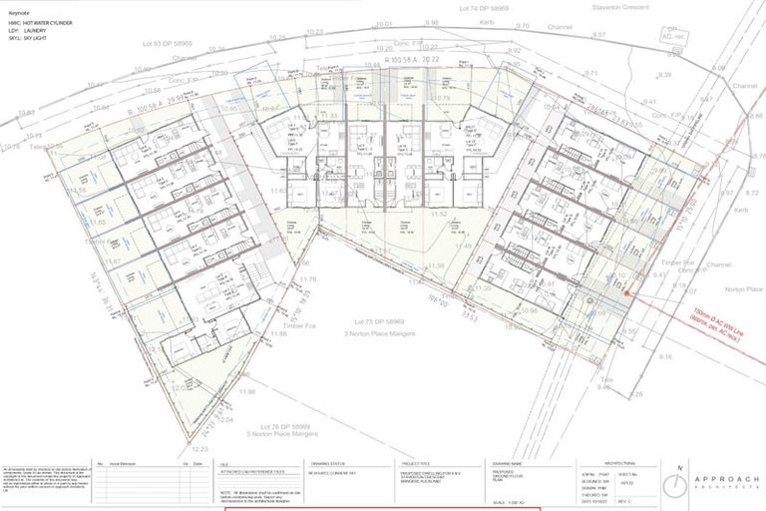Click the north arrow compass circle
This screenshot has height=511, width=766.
(x=679, y=483)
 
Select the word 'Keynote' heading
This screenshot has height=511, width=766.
(x=20, y=13)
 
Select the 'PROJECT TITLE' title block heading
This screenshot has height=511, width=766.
(x=416, y=463)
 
